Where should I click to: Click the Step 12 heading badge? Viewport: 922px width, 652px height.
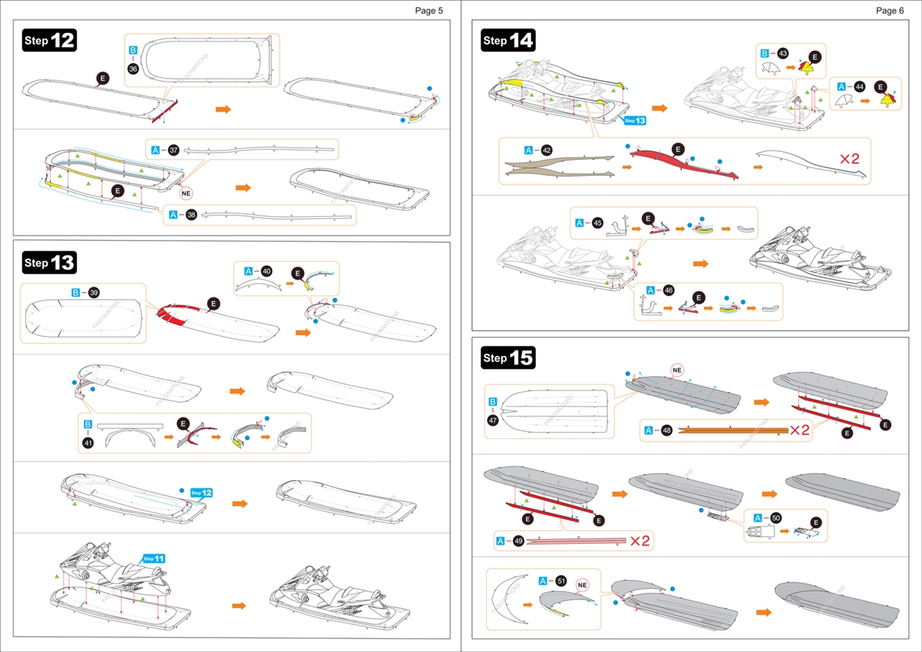coord(49,40)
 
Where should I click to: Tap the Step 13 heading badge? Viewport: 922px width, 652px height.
coord(49,263)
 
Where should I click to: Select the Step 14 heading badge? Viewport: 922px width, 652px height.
coord(508,40)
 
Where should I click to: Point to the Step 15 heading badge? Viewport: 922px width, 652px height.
coord(508,357)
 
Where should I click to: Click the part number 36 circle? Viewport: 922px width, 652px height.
coord(133,68)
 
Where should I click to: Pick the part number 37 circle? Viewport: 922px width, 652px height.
coord(173,151)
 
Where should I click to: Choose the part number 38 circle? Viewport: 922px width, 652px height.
coord(191,214)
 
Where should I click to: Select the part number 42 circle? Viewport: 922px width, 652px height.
coord(547,151)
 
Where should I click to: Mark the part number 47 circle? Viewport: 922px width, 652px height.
coord(493,419)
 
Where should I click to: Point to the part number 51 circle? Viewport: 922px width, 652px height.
coord(561,581)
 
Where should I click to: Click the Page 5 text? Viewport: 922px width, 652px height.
coord(429,11)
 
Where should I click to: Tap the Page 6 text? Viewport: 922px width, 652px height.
coord(890,11)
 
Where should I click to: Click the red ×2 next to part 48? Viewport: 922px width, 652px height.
coord(800,430)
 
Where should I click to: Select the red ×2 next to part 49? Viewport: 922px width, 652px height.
coord(640,540)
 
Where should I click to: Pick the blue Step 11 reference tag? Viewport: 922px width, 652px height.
coord(153,558)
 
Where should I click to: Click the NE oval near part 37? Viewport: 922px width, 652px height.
coord(187,193)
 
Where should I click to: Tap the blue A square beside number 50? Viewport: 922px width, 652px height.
coord(758,517)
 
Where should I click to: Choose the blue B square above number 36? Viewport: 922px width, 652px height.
coord(133,50)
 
